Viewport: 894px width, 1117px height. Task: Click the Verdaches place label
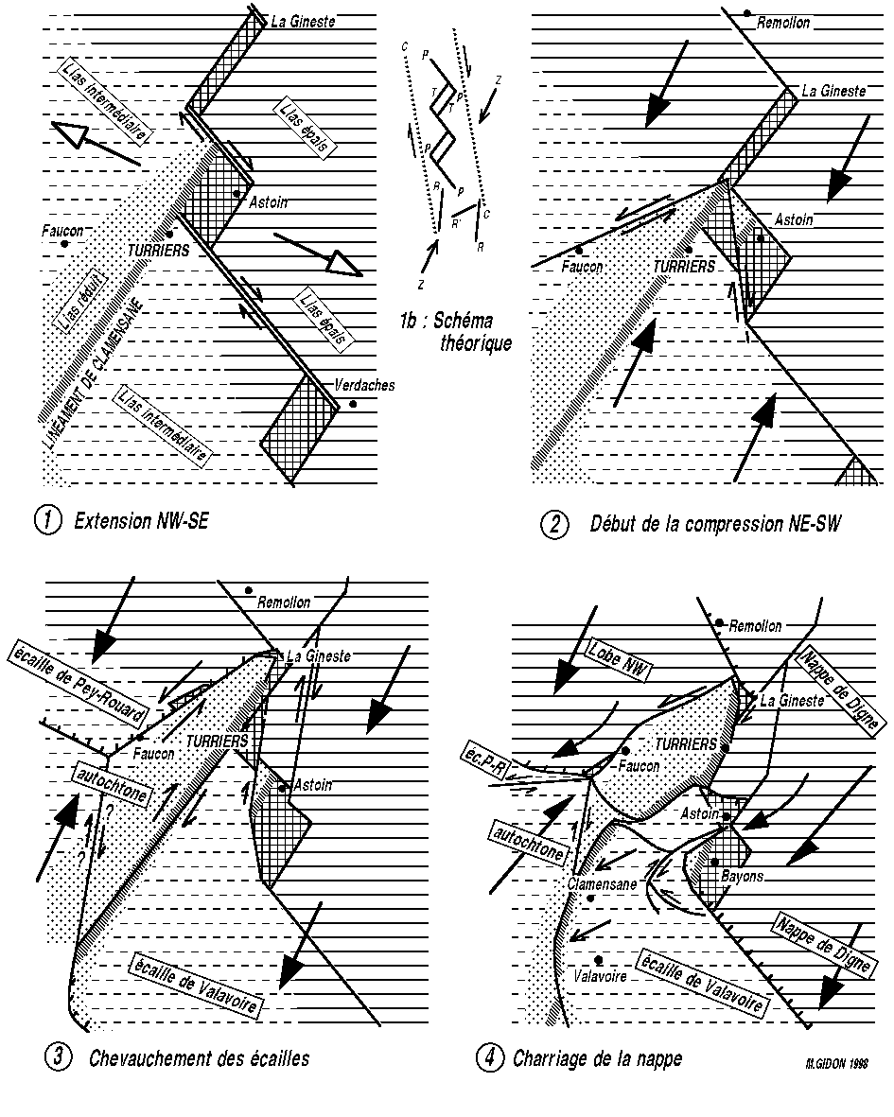(x=364, y=386)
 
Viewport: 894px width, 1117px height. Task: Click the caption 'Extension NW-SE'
(x=140, y=521)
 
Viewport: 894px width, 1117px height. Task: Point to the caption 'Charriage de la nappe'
(x=597, y=1058)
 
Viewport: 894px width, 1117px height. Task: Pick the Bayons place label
(x=743, y=877)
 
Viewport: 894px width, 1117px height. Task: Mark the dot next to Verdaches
(x=353, y=404)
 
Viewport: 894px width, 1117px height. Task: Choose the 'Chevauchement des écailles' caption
(x=199, y=1058)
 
